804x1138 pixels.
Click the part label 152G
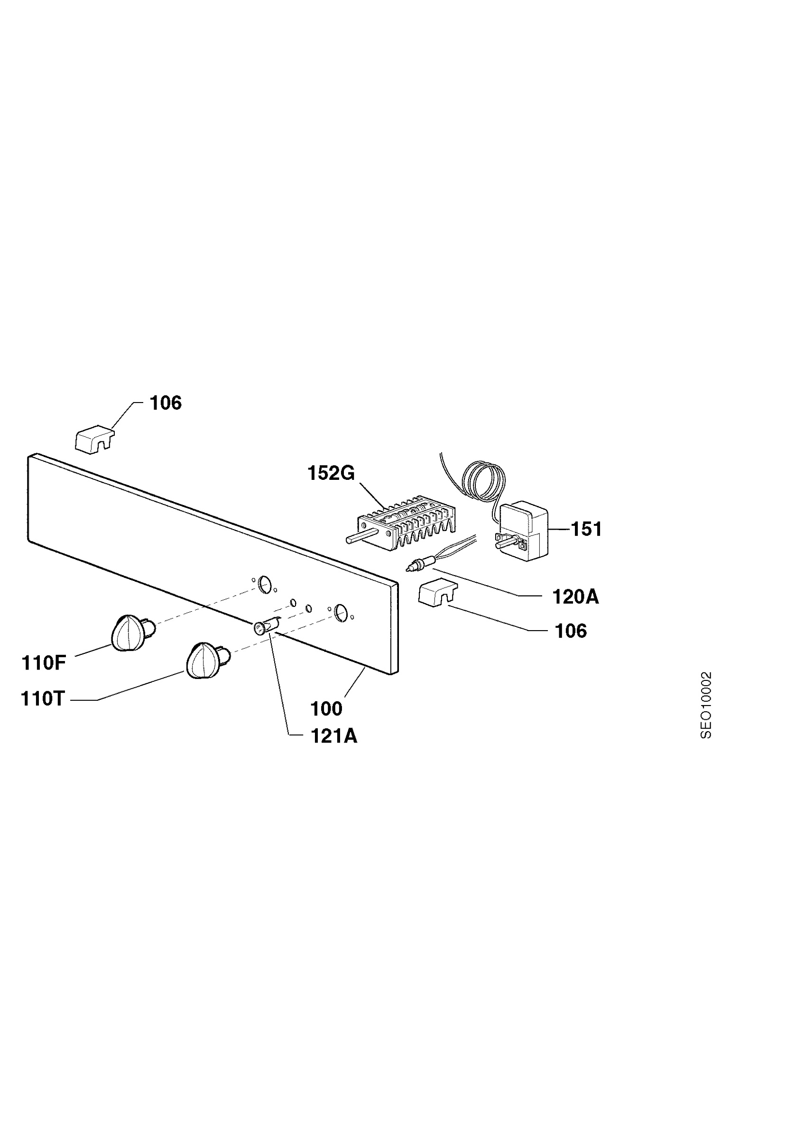[x=331, y=473]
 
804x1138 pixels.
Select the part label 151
[x=586, y=529]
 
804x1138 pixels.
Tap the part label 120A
[x=575, y=597]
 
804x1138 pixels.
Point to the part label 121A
[x=334, y=736]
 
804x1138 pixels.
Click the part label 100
[x=326, y=709]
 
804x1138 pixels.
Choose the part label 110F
[x=44, y=663]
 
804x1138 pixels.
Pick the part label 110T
[x=43, y=699]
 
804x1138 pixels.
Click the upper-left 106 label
[x=166, y=403]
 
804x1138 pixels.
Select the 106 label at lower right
[x=571, y=631]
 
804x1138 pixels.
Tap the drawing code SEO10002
[x=706, y=705]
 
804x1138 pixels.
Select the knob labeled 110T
[x=208, y=660]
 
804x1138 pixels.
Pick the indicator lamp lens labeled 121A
[x=267, y=626]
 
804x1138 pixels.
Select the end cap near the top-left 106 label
[x=95, y=438]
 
